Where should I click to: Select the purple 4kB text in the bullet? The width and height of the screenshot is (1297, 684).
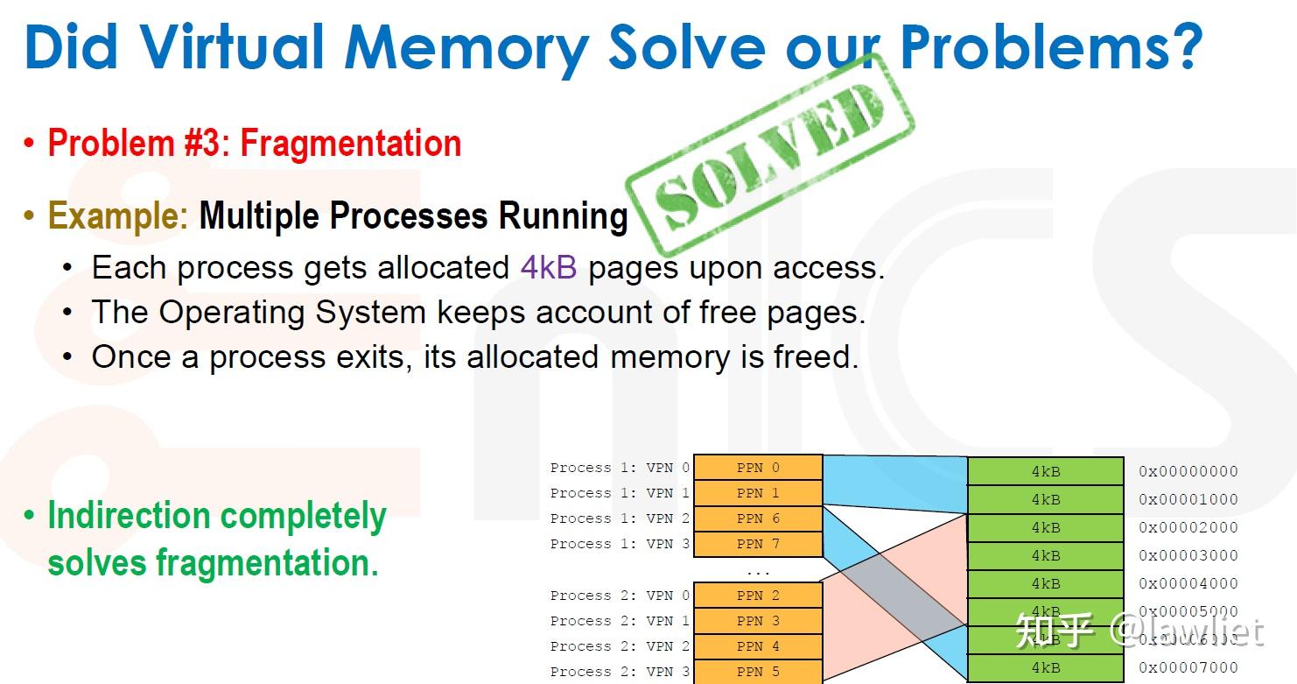tap(549, 267)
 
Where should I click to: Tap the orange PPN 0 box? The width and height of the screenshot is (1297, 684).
tap(758, 468)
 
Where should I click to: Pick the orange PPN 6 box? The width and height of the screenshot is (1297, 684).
tap(758, 518)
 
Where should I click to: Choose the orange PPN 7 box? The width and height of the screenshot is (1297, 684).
tap(758, 544)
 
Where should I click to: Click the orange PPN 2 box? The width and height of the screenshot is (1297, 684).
tap(758, 596)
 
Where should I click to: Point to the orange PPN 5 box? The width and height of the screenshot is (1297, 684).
tap(758, 672)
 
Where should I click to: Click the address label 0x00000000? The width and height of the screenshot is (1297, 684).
tap(1188, 471)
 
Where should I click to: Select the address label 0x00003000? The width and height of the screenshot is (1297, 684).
tap(1188, 555)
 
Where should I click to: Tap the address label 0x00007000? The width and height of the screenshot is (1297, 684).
tap(1188, 667)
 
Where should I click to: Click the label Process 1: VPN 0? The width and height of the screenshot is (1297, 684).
tap(620, 468)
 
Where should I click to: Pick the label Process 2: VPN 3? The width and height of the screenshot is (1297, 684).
tap(620, 672)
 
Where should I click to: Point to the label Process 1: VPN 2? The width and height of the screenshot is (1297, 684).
tap(620, 518)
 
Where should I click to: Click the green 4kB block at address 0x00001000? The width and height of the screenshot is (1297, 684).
tap(1045, 499)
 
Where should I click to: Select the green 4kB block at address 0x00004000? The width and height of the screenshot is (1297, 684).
tap(1045, 583)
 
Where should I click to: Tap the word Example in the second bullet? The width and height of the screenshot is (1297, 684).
tap(117, 215)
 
